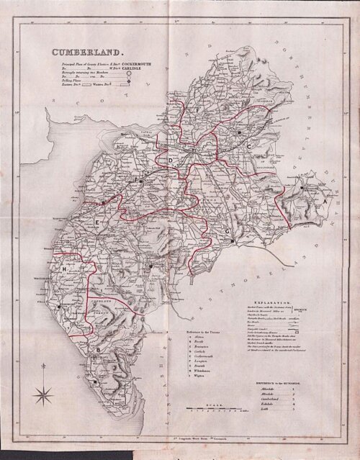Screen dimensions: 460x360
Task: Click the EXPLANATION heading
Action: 282,304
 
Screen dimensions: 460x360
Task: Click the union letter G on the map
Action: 228,230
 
